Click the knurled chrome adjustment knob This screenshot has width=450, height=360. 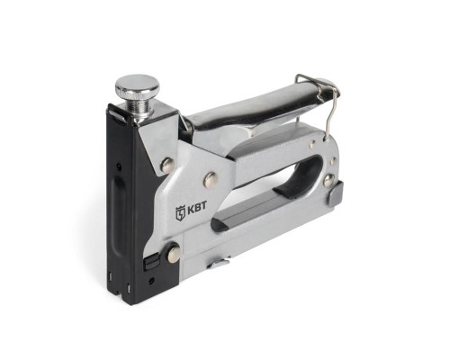(x=138, y=84)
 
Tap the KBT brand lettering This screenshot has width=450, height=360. (x=197, y=209)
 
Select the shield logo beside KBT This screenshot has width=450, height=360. (x=181, y=211)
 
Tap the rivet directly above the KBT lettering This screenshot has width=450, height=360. (x=211, y=179)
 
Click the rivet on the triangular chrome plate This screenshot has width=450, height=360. (x=168, y=165)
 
